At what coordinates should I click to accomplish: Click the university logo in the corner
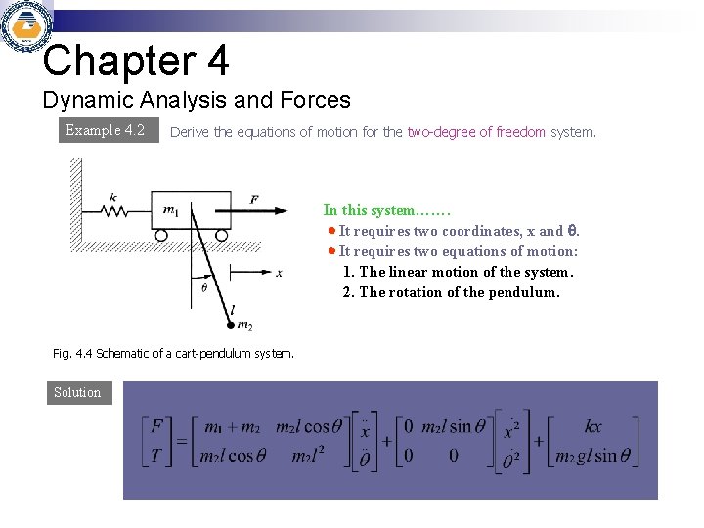coord(25,28)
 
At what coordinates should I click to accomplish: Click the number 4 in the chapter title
coord(217,61)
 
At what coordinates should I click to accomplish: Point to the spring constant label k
coord(113,197)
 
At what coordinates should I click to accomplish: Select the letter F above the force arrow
coord(254,199)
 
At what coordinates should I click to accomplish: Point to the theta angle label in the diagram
coord(203,287)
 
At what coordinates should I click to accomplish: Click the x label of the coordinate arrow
coord(279,274)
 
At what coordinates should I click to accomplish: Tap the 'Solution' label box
coord(77,392)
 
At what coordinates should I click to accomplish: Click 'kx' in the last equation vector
coord(594,427)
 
